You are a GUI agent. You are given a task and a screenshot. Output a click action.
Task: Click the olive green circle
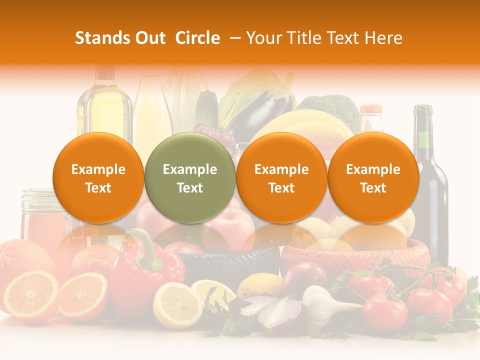point(190,177)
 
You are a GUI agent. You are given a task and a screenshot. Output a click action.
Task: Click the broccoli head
point(332,107)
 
